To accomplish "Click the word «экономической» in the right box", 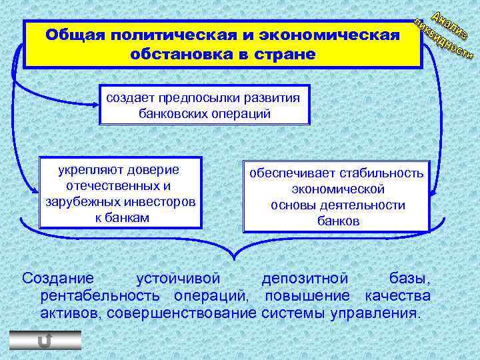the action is coord(339,189).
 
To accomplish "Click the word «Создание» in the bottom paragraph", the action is coord(58,277).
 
